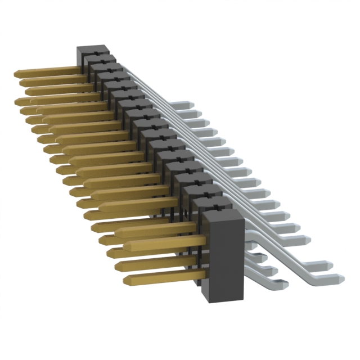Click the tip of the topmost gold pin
coord(16,74)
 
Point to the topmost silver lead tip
coord(191,105)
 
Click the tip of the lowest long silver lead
coord(340,277)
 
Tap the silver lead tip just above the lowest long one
coord(329,264)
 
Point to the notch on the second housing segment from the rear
coord(103,57)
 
